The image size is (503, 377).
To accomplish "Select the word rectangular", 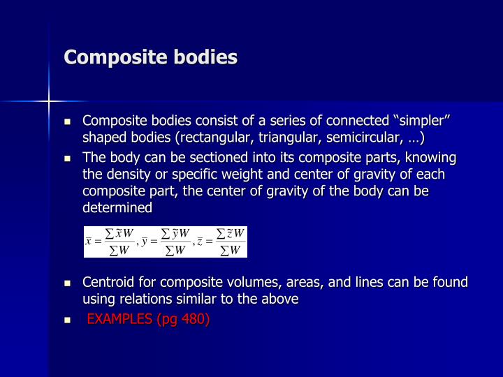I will pyautogui.click(x=232, y=137).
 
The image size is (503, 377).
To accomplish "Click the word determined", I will pyautogui.click(x=117, y=207).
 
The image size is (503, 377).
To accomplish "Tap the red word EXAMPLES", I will pyautogui.click(x=122, y=319).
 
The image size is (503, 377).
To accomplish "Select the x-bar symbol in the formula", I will pyautogui.click(x=89, y=242).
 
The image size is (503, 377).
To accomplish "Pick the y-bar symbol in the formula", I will pyautogui.click(x=144, y=242).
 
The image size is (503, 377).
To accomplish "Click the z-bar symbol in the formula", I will pyautogui.click(x=200, y=242).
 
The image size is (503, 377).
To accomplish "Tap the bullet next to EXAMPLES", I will pyautogui.click(x=68, y=320).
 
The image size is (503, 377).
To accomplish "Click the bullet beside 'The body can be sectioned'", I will pyautogui.click(x=68, y=158).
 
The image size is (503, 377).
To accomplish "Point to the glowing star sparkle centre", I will pyautogui.click(x=49, y=101).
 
